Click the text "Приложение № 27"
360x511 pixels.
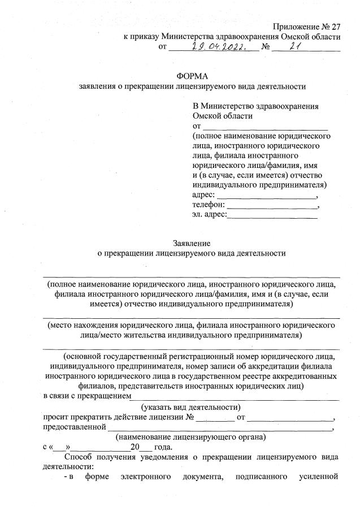pos(306,27)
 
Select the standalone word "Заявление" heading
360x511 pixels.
pos(192,244)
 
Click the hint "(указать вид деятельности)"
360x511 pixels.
pos(192,406)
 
